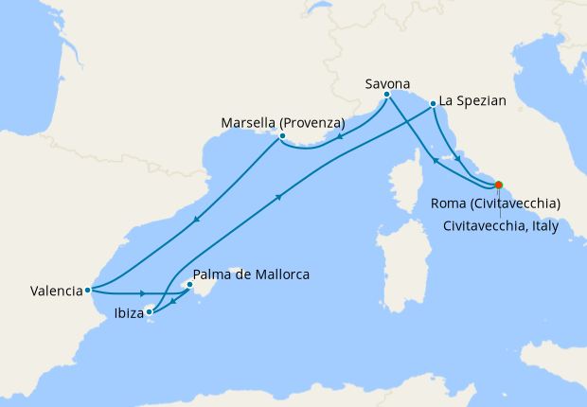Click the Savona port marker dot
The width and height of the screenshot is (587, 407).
pos(387,95)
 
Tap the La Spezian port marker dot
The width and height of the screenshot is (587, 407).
pos(432,104)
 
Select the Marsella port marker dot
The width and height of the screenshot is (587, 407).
pos(282,136)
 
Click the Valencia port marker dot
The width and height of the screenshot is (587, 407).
pos(87,290)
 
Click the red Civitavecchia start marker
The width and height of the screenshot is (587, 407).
pos(499,186)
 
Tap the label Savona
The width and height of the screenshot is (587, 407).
pos(387,83)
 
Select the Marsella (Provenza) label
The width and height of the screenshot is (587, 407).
pos(282,123)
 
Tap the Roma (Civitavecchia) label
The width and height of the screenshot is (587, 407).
pos(496,203)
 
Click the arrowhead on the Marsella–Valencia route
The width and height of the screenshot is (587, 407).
pos(195,221)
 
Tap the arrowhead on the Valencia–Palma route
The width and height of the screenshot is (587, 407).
pos(141,293)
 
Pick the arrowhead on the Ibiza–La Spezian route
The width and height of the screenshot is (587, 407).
pos(279,197)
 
